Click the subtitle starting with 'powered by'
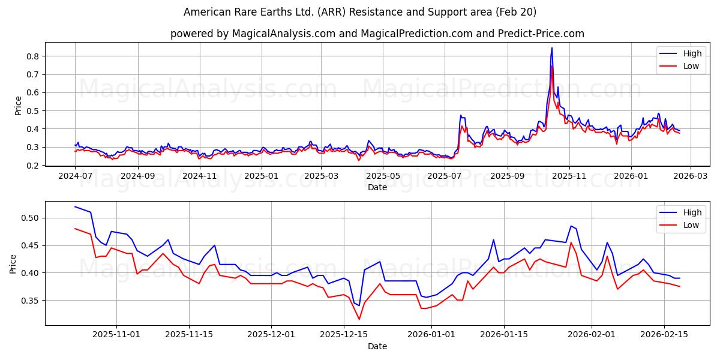tap(377, 34)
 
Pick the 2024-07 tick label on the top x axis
tap(75, 176)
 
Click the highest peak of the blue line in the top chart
tap(552, 48)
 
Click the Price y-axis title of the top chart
tap(18, 106)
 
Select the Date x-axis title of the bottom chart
tap(377, 346)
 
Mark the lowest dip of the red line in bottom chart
tap(359, 319)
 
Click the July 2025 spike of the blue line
tap(461, 115)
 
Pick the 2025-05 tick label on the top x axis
tap(383, 176)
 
